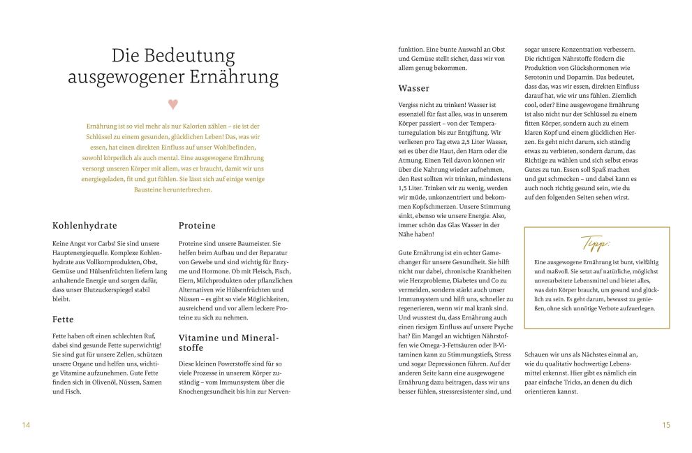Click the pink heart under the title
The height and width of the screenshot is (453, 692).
click(x=173, y=104)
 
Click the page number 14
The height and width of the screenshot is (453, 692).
click(x=27, y=425)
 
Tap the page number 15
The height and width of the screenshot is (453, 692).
click(x=665, y=425)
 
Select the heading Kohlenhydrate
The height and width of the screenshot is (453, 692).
click(x=84, y=226)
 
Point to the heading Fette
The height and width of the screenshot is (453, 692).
click(x=64, y=319)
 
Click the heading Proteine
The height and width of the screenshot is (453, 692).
click(x=197, y=226)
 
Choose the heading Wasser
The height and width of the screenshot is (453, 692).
click(x=413, y=88)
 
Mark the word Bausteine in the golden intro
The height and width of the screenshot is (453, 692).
click(x=150, y=189)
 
